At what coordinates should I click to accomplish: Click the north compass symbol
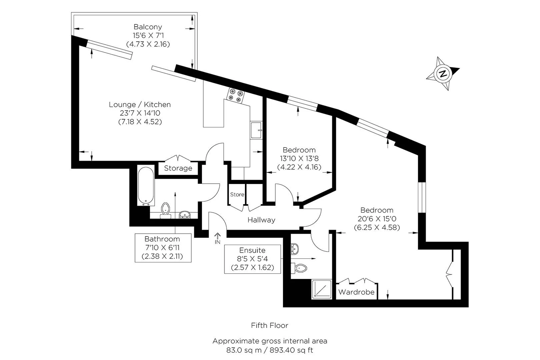click(x=443, y=74)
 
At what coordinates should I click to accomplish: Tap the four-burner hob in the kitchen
click(x=236, y=95)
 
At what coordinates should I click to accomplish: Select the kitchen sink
click(x=256, y=130)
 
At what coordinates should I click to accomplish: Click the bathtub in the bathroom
click(x=146, y=185)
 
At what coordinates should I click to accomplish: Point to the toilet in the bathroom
click(x=166, y=210)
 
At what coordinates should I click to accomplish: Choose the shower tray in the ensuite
click(x=321, y=289)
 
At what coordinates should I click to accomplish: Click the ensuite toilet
click(x=299, y=268)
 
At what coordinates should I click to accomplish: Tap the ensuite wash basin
click(x=295, y=249)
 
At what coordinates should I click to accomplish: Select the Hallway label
click(x=261, y=220)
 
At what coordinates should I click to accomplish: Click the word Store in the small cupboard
click(x=237, y=194)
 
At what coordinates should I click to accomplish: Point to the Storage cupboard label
click(x=178, y=168)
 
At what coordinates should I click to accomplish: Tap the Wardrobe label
click(x=356, y=292)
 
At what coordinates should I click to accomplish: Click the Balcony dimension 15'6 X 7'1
click(x=148, y=35)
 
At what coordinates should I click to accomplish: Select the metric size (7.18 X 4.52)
click(x=140, y=122)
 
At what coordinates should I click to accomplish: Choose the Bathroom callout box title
click(x=162, y=239)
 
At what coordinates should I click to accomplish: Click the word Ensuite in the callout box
click(x=252, y=250)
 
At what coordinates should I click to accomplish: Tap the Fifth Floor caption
click(x=270, y=326)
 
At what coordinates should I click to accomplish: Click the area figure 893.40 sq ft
click(x=291, y=350)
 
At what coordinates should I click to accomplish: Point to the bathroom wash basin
click(x=185, y=214)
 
